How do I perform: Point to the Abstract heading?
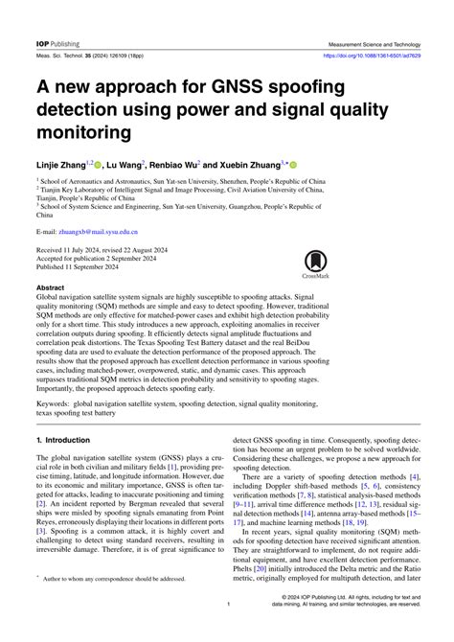(51, 287)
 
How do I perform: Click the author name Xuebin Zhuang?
(261, 165)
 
